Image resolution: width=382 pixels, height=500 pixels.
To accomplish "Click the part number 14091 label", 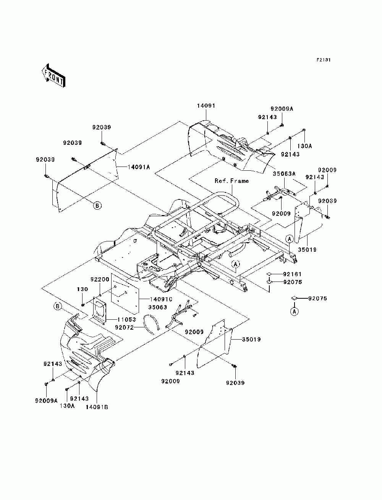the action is coord(206,106).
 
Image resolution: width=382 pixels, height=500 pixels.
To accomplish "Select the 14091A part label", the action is coord(139,167).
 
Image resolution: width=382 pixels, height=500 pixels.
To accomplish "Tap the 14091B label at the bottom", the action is coord(97,407).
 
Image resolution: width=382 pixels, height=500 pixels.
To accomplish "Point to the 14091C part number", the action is coord(161,299).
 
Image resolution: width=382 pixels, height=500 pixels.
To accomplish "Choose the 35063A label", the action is coord(284,174).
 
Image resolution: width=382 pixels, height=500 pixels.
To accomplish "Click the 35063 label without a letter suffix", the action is coord(158,307).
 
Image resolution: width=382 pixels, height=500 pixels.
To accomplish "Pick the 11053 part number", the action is coord(126,320).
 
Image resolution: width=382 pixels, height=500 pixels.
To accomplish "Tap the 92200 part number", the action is coord(100,279).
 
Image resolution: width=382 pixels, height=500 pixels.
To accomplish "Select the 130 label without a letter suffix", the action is coord(82,289).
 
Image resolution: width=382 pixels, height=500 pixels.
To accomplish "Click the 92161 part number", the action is coord(292,274).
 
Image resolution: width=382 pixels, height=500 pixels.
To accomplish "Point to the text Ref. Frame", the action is coord(231,181).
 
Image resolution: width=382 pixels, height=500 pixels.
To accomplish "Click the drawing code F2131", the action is coord(324,60).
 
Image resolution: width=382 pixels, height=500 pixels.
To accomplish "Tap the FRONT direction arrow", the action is coord(54,76).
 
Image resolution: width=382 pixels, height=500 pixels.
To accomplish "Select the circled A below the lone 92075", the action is coord(295,311).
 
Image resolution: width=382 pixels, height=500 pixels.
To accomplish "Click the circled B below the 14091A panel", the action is coord(97,206).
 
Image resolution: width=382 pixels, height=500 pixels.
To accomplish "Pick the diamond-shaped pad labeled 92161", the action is coord(269,274).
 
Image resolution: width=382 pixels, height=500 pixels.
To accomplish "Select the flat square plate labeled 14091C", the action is coord(125,292).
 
